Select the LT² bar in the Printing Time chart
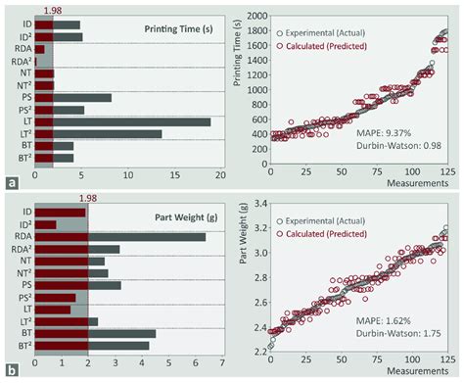(x=98, y=134)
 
